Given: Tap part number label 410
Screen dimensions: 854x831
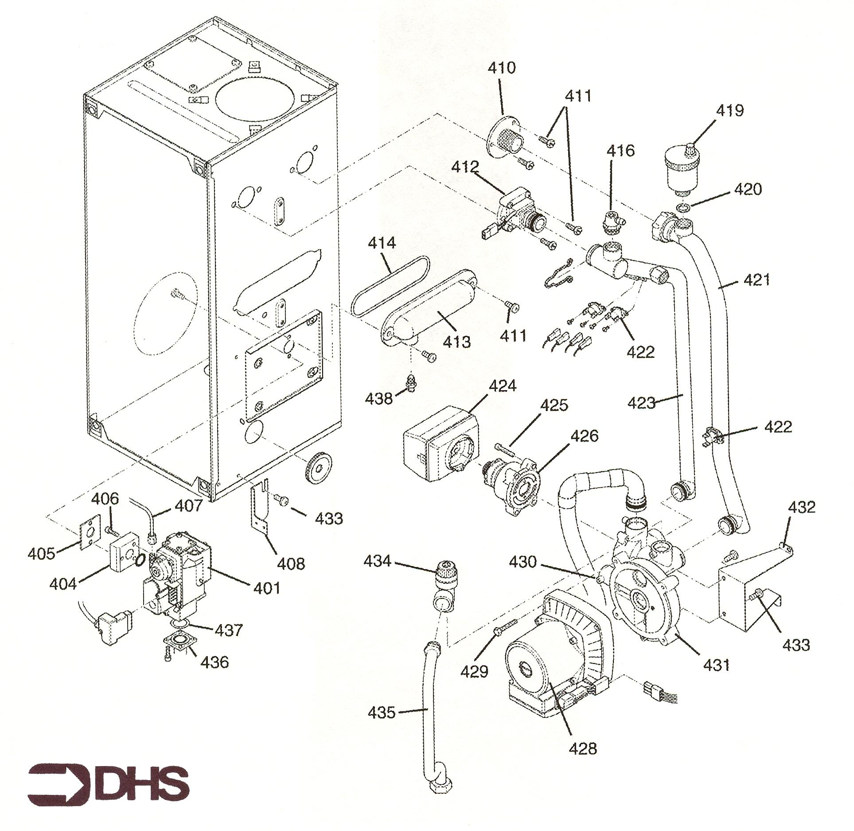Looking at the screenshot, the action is (x=502, y=68).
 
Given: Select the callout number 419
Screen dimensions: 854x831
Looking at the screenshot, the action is (x=729, y=110).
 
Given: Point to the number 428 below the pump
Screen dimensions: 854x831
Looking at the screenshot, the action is (x=583, y=749).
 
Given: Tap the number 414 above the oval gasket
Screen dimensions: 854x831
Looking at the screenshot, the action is (x=382, y=243).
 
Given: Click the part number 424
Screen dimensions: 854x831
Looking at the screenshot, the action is (x=502, y=386).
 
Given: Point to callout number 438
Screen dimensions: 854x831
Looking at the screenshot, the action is (x=379, y=399).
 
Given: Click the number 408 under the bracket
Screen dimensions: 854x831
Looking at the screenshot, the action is (x=291, y=563).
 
